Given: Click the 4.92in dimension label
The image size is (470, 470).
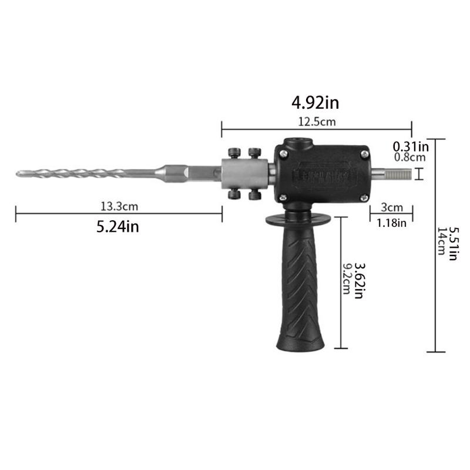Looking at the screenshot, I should pyautogui.click(x=315, y=103).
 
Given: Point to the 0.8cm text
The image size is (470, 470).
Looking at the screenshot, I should pyautogui.click(x=409, y=157).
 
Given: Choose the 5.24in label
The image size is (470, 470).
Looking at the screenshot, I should pyautogui.click(x=117, y=226).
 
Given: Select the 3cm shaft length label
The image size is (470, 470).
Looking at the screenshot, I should pyautogui.click(x=391, y=207).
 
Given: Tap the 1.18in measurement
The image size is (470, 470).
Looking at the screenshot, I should pyautogui.click(x=391, y=223).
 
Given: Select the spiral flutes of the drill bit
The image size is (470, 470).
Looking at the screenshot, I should pyautogui.click(x=88, y=173).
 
